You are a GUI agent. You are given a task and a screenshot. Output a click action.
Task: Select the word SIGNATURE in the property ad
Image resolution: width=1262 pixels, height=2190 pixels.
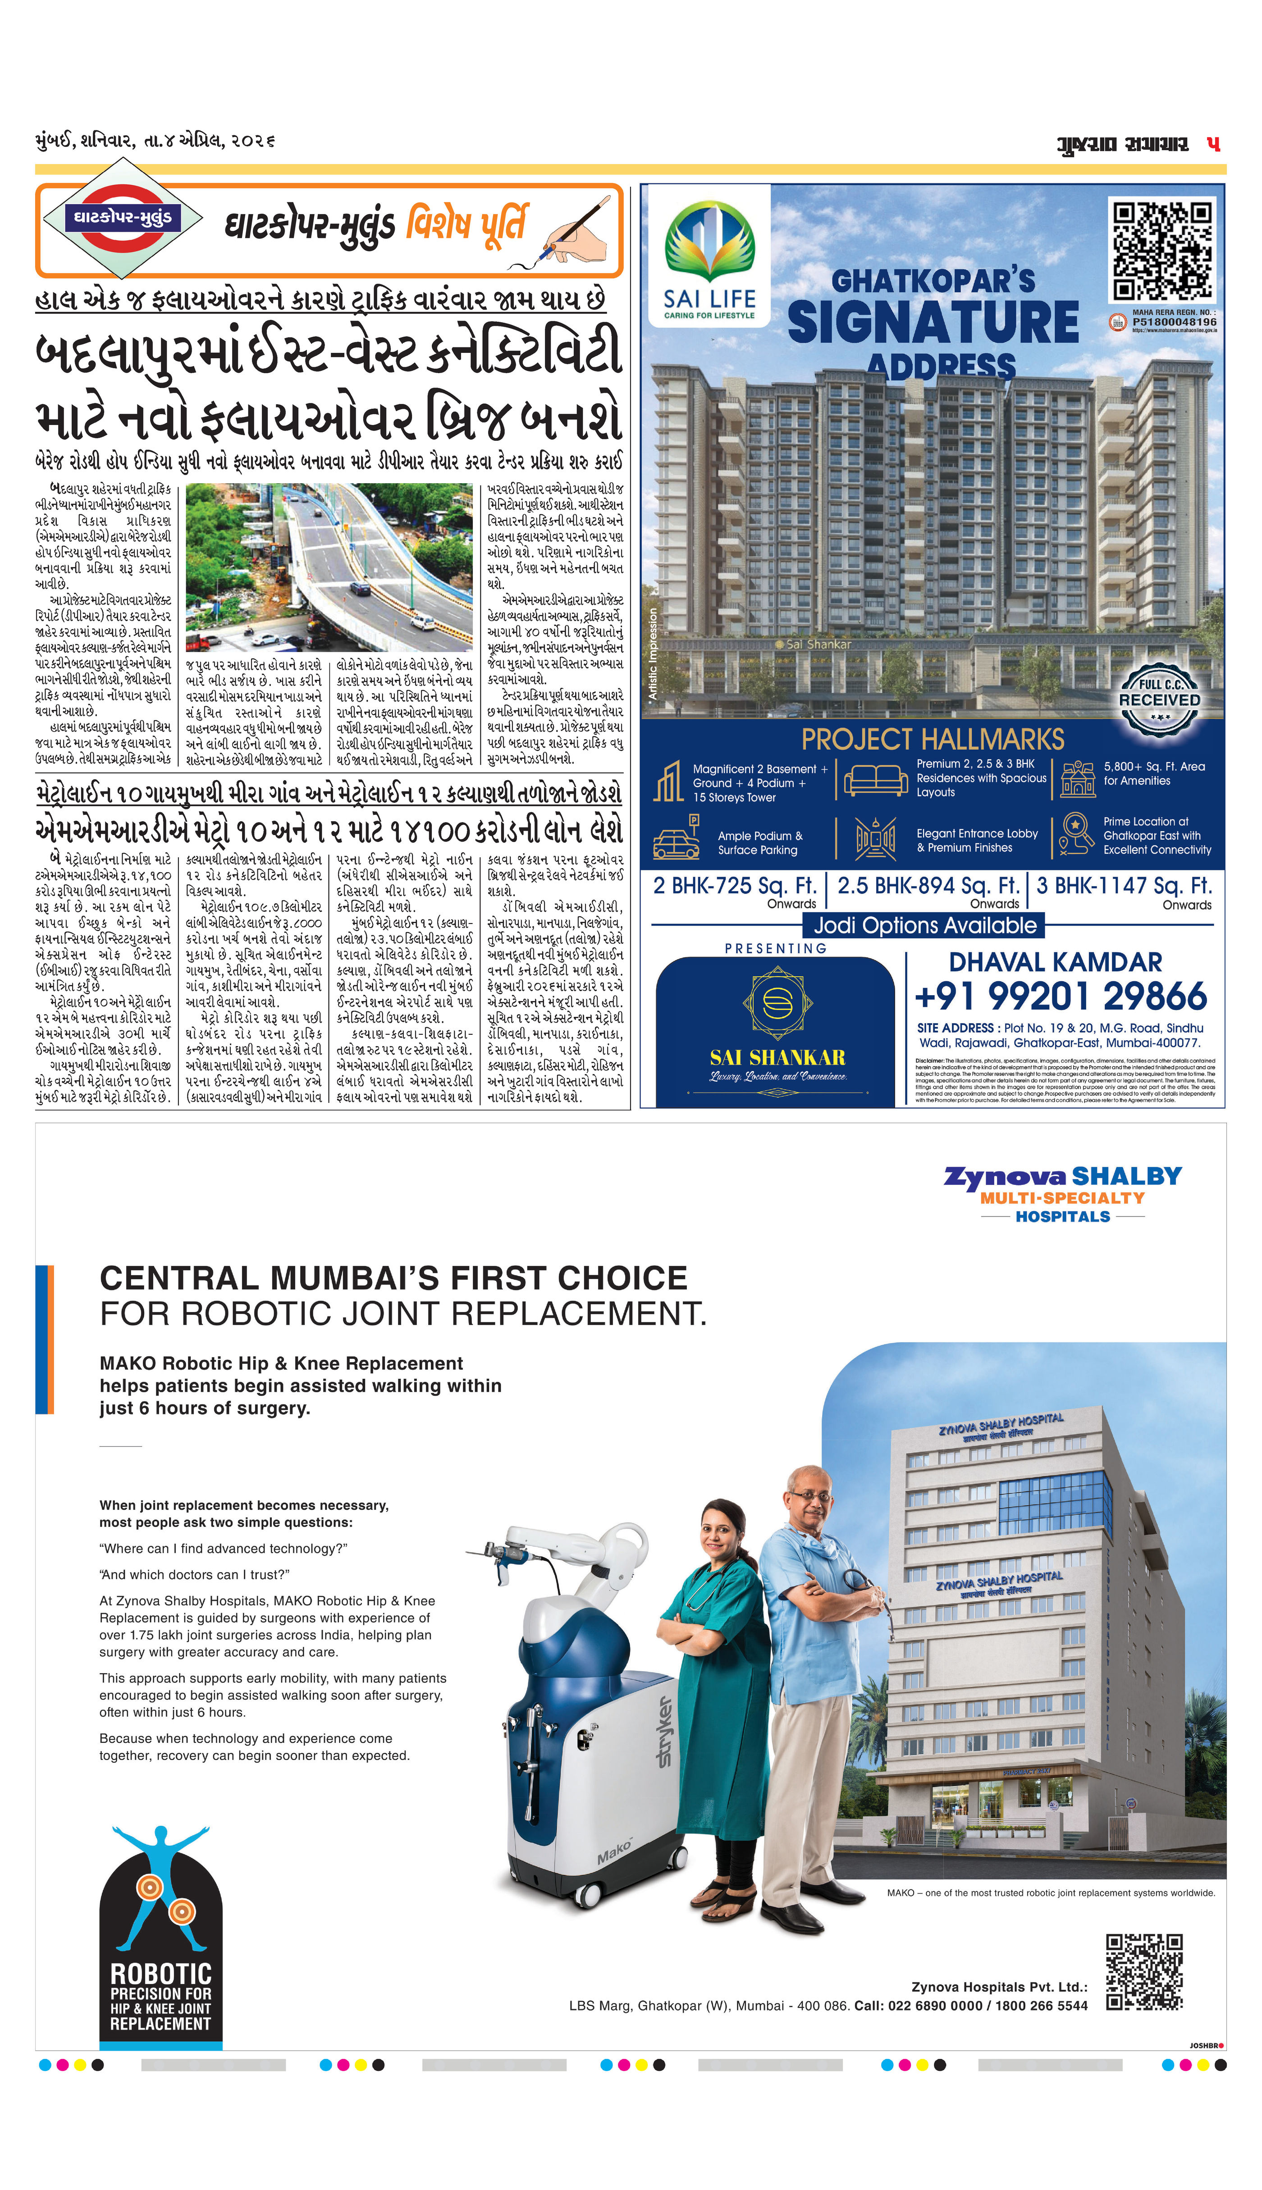click(933, 322)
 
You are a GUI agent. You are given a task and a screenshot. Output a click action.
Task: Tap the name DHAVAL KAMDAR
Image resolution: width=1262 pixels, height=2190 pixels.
click(1055, 962)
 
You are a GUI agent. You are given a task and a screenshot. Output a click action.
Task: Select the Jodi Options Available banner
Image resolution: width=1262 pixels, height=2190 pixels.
click(925, 926)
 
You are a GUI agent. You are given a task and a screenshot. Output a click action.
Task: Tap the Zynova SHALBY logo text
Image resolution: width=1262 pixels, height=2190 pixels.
click(1063, 1177)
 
